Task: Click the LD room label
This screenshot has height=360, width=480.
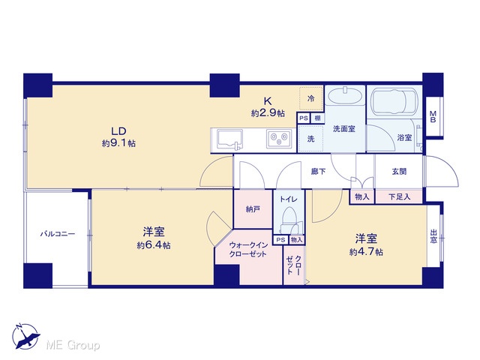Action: coord(118,131)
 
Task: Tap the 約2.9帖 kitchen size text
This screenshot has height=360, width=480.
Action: coord(268,113)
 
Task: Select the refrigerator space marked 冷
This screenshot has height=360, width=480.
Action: coord(311,98)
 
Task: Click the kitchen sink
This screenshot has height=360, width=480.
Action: coord(229,140)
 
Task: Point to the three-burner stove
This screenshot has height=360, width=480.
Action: coord(279,139)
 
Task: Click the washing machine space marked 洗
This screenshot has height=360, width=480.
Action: coord(310,139)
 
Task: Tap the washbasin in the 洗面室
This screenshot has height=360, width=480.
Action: coord(345,97)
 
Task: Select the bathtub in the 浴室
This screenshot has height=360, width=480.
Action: coord(394,102)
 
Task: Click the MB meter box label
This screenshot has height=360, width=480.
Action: coord(433,117)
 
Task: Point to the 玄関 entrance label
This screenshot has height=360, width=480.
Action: coord(399,172)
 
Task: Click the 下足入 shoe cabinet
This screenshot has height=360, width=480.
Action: coord(399,196)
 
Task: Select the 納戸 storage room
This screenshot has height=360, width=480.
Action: coord(253,209)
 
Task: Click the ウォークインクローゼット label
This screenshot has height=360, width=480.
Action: coord(248,250)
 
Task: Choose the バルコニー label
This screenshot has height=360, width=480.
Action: coord(58,234)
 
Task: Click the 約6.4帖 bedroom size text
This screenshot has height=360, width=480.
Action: coord(154,245)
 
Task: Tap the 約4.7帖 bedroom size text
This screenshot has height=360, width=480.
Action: coord(366,252)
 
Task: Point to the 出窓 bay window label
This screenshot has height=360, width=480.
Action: coord(433,236)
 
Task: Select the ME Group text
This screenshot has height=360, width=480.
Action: coord(73,346)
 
